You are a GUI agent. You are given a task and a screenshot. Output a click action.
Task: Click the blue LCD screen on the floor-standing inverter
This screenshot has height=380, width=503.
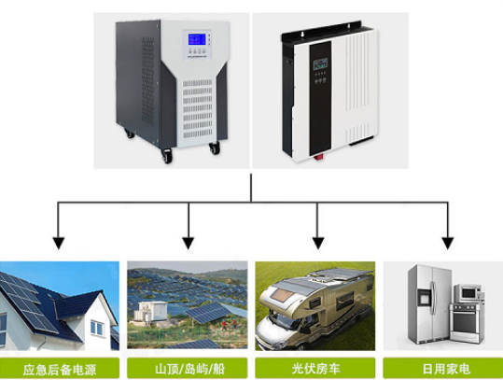pos(197,39)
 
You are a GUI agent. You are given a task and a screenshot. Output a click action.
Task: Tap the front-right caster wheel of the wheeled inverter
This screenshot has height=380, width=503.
pos(215,148)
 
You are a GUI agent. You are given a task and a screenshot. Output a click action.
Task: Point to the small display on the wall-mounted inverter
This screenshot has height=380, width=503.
pos(320,63)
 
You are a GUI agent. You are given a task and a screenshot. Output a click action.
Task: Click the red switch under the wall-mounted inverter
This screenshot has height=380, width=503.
pos(318,157)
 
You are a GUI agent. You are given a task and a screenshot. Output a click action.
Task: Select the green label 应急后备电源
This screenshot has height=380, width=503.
pos(60,369)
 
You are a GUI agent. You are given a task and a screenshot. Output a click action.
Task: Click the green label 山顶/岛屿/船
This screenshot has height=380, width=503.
pos(188,369)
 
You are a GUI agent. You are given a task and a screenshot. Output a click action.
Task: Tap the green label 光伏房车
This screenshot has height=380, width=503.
pos(315,369)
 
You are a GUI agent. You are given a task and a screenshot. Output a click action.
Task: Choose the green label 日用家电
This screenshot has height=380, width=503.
pos(443,369)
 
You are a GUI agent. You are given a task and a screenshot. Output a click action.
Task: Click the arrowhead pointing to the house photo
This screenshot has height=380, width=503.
pos(59,243)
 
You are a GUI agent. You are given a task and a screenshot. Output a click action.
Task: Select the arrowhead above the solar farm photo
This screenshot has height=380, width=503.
pos(189,243)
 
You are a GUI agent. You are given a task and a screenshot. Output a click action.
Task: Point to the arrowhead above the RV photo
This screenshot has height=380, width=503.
pos(317,243)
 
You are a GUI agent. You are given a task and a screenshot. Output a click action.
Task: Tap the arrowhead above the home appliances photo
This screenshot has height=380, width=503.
pos(448,243)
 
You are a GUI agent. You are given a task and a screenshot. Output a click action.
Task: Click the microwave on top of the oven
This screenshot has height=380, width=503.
pos(468,293)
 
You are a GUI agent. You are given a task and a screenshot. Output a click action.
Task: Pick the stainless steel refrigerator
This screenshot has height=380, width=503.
pos(429,303)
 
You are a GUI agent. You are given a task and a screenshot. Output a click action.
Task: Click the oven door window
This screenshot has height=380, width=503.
pos(464,322)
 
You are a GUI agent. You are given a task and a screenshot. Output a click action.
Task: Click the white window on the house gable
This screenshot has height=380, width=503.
pos(97,328)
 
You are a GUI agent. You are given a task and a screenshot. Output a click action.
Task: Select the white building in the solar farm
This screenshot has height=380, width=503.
pos(150,311)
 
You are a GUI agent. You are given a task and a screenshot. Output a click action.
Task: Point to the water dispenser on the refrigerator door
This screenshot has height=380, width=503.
pos(424,297)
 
